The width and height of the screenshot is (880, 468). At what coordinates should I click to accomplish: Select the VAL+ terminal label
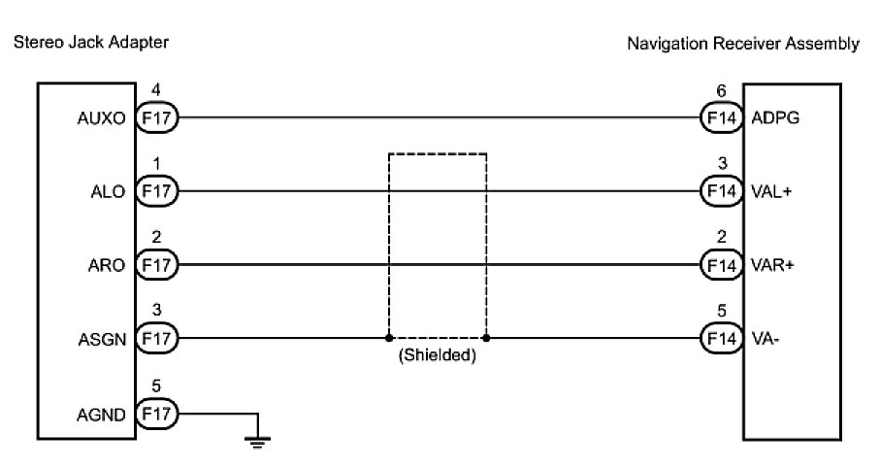pos(771,192)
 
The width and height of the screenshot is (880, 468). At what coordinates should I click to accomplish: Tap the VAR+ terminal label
pos(772,265)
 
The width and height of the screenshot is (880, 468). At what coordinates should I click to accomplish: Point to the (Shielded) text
pos(437,356)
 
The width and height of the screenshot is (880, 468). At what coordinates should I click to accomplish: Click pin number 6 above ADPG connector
pos(721,91)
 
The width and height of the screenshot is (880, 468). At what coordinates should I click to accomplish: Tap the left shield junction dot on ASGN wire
pos(389,339)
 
